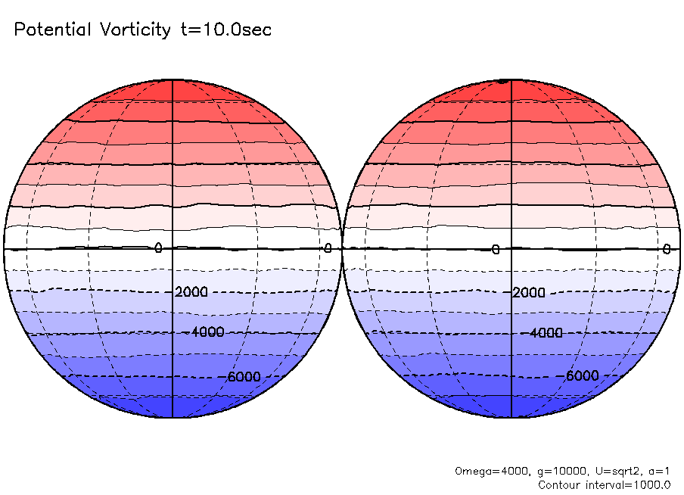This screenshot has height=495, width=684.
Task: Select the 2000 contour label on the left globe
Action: click(191, 292)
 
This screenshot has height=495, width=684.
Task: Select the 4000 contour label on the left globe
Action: click(207, 332)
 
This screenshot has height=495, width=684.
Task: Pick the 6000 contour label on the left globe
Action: click(244, 376)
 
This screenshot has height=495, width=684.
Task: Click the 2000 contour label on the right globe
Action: click(529, 292)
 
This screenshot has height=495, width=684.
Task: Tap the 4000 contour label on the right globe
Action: click(546, 332)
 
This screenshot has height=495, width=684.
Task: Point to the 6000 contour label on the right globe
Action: click(583, 376)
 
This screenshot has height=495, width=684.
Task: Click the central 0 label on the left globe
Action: click(158, 248)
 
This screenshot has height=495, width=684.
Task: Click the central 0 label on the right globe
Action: click(496, 250)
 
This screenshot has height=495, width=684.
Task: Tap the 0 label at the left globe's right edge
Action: click(328, 248)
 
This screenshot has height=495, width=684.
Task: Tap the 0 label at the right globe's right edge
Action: click(667, 249)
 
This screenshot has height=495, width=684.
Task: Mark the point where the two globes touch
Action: click(342, 248)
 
